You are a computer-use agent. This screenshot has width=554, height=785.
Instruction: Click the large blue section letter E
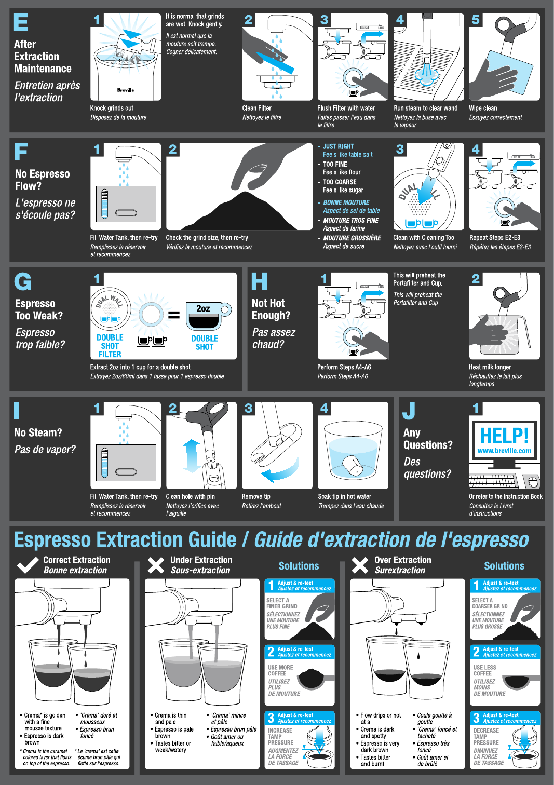pos(21,22)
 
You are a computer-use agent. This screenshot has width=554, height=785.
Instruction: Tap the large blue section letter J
pos(409,411)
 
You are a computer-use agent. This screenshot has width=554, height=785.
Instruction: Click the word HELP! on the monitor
pos(504,435)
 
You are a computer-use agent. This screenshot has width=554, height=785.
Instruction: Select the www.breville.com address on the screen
pos(504,451)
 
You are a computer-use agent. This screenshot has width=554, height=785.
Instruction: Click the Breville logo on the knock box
pos(126,90)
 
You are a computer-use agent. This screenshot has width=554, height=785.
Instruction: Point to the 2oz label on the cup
pos(203,308)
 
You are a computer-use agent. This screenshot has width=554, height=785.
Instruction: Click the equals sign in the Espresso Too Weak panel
pos(174,315)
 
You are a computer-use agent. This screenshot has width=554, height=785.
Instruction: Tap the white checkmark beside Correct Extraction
pos(28,565)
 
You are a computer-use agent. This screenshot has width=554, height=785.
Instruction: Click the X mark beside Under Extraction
pos(156,565)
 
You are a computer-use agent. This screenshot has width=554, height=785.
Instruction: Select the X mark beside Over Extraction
pos(360,565)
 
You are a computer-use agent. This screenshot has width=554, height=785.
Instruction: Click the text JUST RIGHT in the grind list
pos(338,146)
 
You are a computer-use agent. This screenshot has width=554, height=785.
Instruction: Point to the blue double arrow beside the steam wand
pos(191,456)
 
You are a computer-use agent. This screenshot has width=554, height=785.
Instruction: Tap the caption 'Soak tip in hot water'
pos(344,496)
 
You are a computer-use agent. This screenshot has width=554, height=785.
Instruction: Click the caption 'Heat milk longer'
pos(490,367)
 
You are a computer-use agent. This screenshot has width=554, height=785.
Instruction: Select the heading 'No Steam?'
pos(38,432)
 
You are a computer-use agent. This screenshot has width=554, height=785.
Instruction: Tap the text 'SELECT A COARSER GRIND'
pos(490,603)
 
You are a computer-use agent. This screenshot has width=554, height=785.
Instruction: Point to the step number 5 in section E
pos(475,20)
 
